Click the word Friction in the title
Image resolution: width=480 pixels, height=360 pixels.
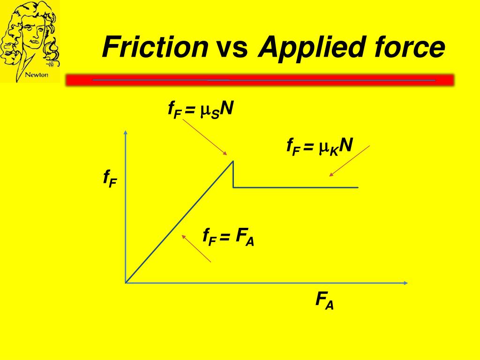155,47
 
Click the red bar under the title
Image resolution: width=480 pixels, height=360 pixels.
260,80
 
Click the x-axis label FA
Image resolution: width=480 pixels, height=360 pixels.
325,300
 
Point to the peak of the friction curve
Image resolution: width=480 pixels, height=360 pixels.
233,161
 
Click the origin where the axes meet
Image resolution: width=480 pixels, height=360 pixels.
126,283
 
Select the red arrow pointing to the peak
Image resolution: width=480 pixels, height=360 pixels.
205,137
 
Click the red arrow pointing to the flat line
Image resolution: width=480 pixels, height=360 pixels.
349,161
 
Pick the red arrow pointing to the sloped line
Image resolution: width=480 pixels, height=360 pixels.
196,248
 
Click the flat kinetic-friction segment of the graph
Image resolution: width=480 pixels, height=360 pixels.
295,187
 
